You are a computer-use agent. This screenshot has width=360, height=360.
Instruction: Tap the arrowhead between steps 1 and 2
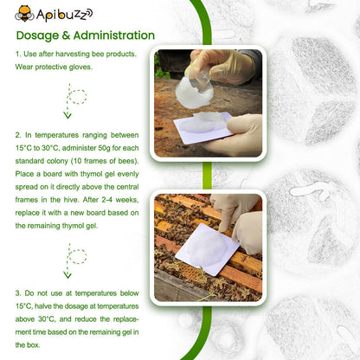[67, 115]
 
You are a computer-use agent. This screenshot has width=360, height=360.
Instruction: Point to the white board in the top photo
[204, 125]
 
